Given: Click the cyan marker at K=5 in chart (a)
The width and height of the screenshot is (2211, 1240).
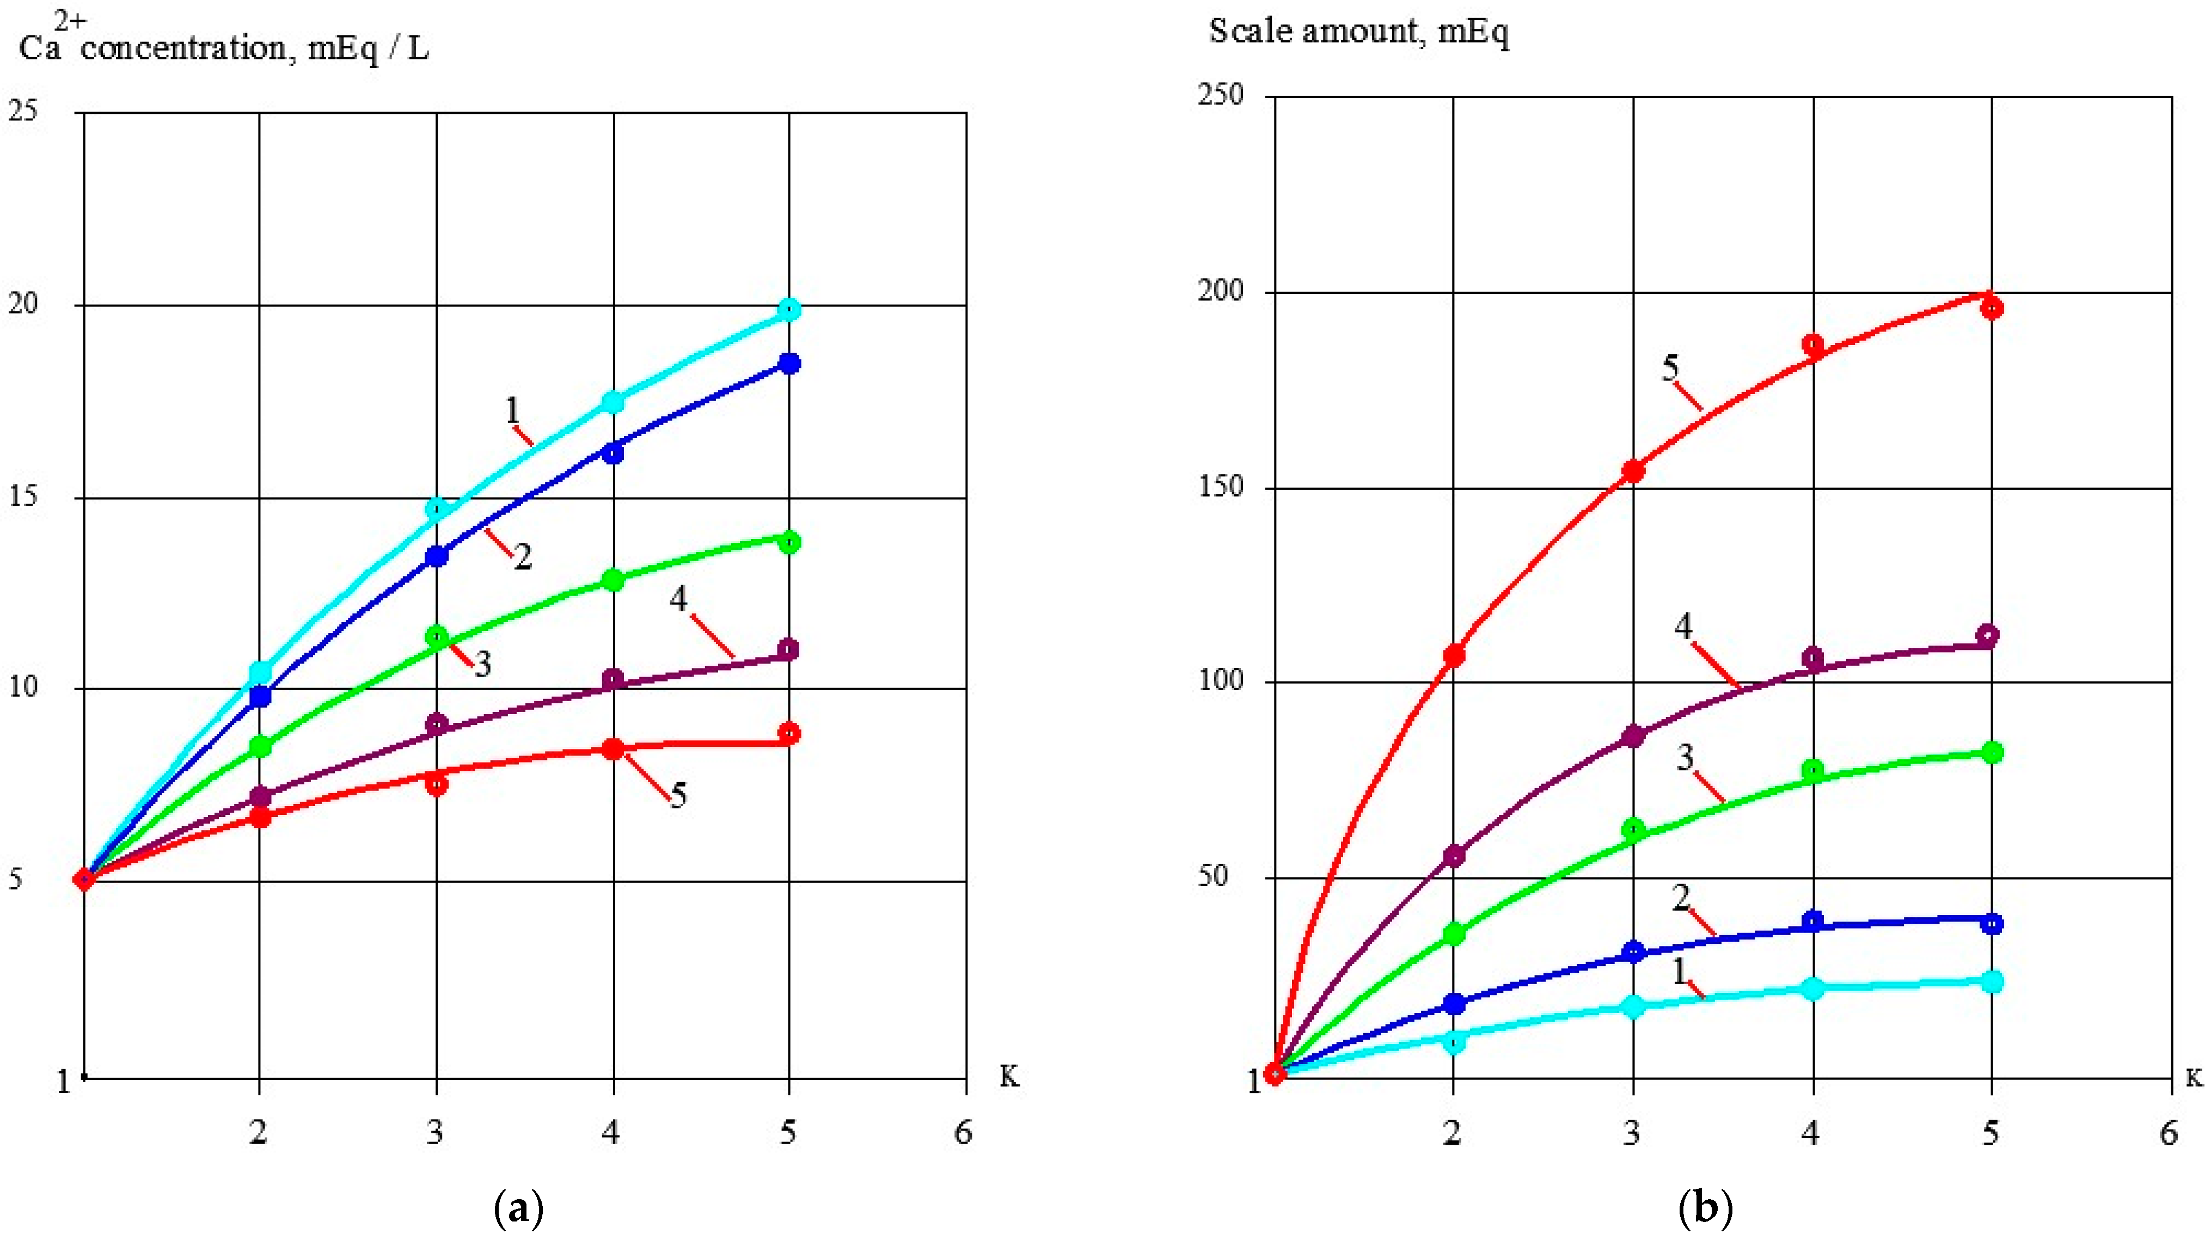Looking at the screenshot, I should click(789, 309).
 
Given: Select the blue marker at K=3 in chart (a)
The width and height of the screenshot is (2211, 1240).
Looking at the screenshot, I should click(437, 556).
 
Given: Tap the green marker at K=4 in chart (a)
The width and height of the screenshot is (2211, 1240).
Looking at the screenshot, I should click(614, 580).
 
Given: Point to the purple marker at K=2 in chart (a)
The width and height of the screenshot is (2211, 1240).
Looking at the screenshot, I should click(260, 797).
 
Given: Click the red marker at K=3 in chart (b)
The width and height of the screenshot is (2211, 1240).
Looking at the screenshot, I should click(1632, 471).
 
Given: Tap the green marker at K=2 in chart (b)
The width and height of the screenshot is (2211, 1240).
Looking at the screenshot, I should click(1453, 934).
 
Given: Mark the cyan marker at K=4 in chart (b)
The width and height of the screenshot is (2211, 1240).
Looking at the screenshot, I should click(1812, 989).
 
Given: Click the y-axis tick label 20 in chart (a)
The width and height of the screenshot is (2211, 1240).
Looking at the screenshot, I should click(25, 305).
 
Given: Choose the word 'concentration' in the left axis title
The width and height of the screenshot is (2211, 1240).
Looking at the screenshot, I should click(183, 49).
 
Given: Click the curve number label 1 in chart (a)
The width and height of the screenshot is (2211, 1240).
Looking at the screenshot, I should click(512, 411).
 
